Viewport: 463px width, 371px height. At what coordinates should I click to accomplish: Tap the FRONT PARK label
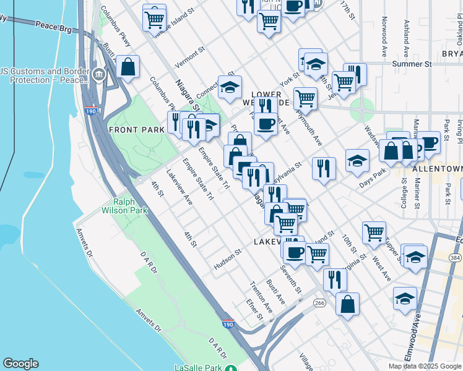136,130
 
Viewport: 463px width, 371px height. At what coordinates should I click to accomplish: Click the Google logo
20,364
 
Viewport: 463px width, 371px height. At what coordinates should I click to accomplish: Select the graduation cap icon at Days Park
357,160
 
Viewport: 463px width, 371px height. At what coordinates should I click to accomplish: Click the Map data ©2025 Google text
424,366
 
